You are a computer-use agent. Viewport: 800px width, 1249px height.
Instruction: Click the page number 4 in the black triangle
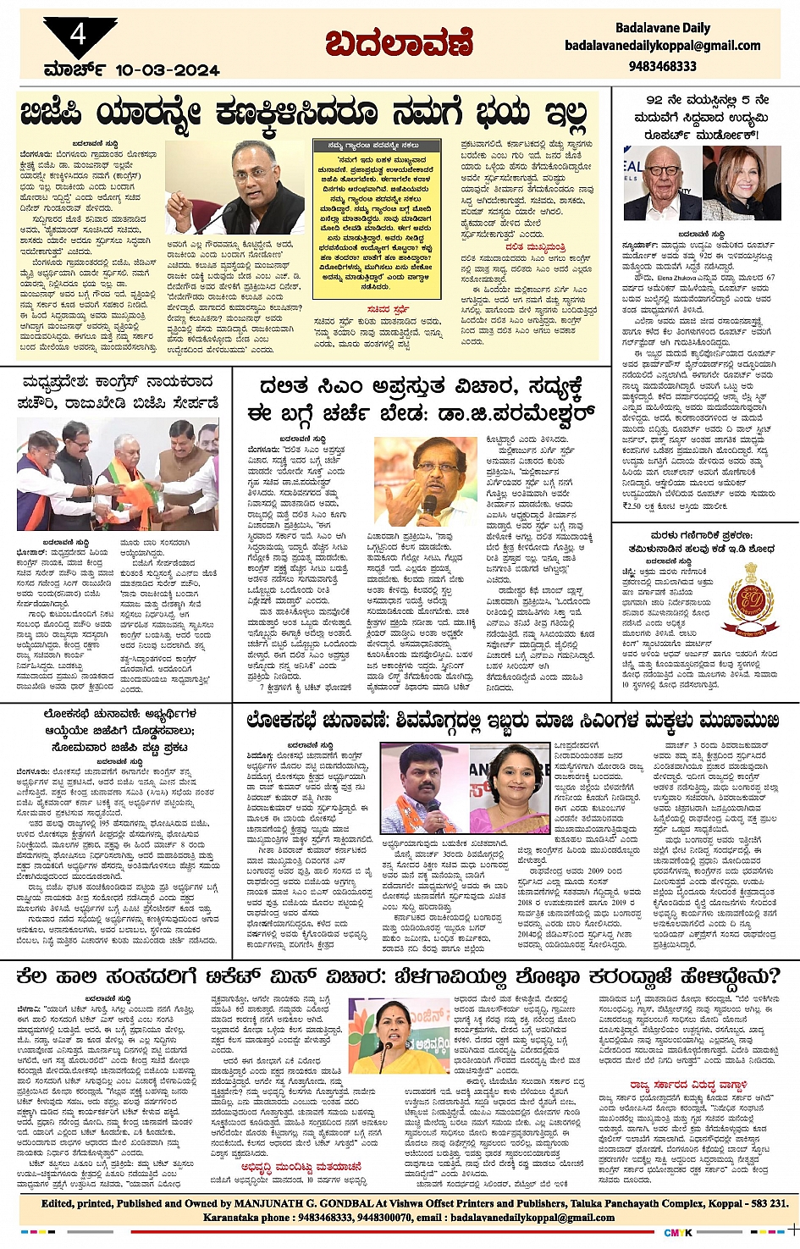pos(79,35)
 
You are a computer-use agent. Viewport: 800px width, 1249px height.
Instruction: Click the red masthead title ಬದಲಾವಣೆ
pos(399,43)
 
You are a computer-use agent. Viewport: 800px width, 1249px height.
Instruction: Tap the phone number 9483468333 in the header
pos(663,66)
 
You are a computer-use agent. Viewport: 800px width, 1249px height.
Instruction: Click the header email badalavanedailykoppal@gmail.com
pos(663,47)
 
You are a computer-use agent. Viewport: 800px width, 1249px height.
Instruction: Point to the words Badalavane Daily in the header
pos(663,28)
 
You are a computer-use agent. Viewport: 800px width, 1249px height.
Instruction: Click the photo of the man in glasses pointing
pos(235,189)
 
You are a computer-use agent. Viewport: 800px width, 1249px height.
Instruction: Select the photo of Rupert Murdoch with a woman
pos(702,183)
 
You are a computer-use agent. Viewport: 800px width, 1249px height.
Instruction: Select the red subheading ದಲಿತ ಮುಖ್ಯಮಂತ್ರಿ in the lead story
pos(536,246)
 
